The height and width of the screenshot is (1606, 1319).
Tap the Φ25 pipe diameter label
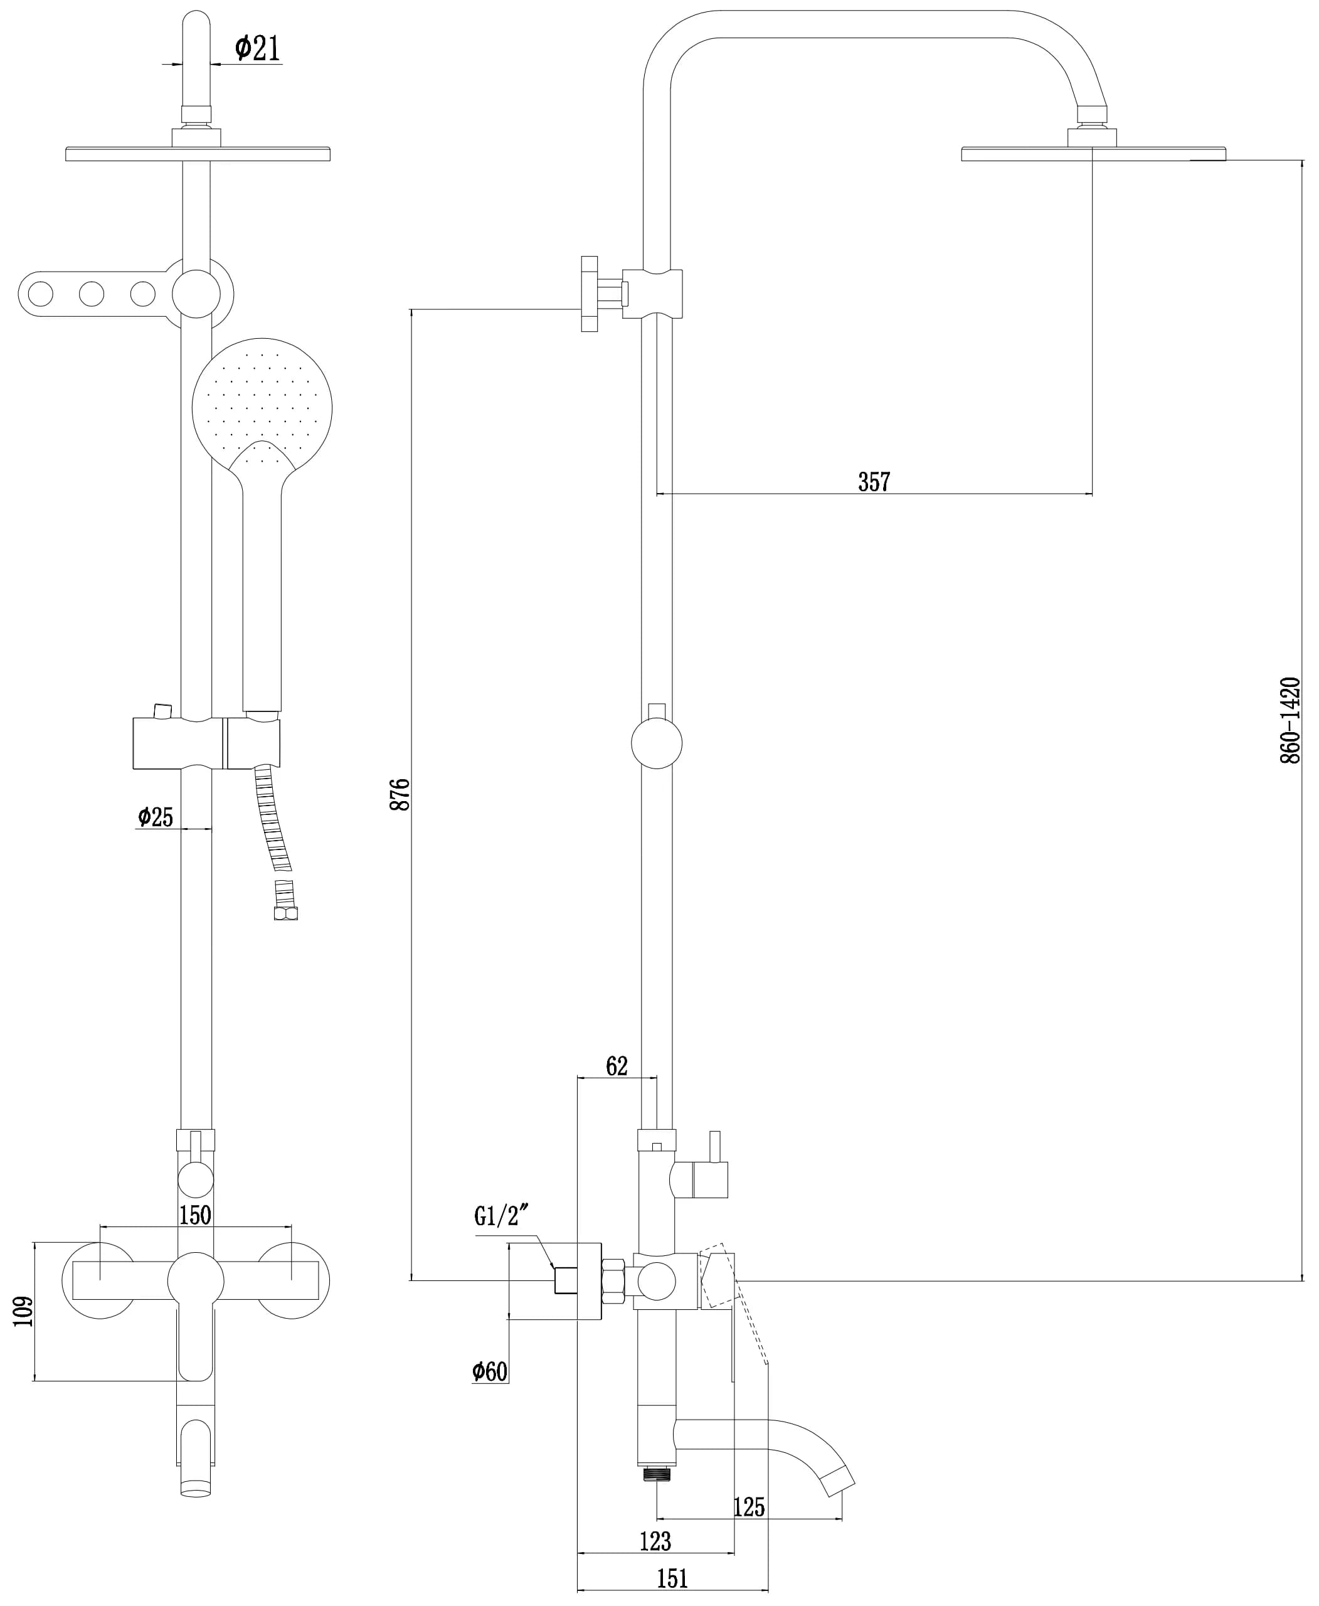[156, 817]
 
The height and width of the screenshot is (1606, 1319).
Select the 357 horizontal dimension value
[874, 481]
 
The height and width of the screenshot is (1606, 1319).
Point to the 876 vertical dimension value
[400, 794]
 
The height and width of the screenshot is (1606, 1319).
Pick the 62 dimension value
[617, 1066]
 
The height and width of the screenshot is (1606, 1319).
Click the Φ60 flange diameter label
[489, 1371]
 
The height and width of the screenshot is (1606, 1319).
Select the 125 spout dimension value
[749, 1506]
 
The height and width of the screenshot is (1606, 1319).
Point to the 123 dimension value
[655, 1541]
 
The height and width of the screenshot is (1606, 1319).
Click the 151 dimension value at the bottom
[672, 1578]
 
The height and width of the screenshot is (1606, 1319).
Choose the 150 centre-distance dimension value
[195, 1215]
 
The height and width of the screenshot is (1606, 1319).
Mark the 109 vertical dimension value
[24, 1311]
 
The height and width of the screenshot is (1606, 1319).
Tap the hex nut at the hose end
[285, 913]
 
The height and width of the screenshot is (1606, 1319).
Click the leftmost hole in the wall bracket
[40, 294]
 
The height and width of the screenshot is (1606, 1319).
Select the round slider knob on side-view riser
[657, 743]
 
